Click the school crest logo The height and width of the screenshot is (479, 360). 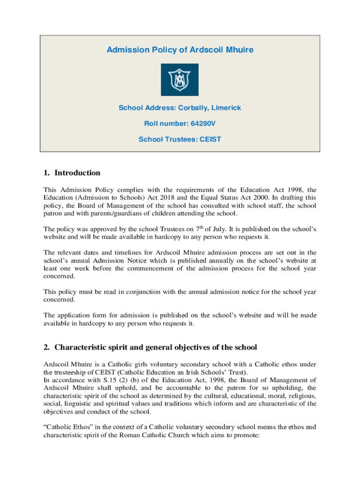180,80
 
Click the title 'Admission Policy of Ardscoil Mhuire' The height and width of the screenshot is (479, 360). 180,50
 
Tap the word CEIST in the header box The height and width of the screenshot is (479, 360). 210,139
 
